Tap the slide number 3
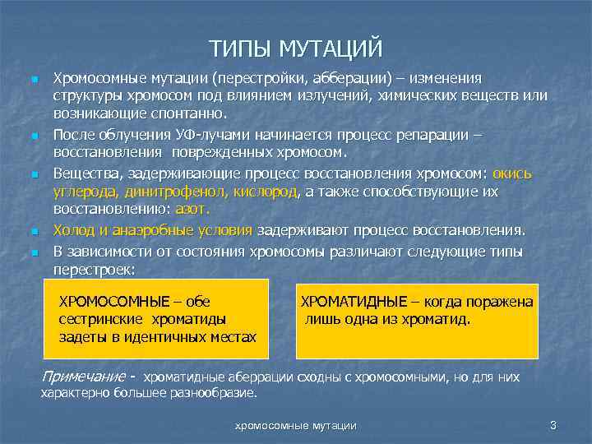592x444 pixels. point(553,425)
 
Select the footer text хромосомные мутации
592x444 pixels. point(296,425)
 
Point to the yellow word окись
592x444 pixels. point(513,173)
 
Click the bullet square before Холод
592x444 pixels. point(34,232)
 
